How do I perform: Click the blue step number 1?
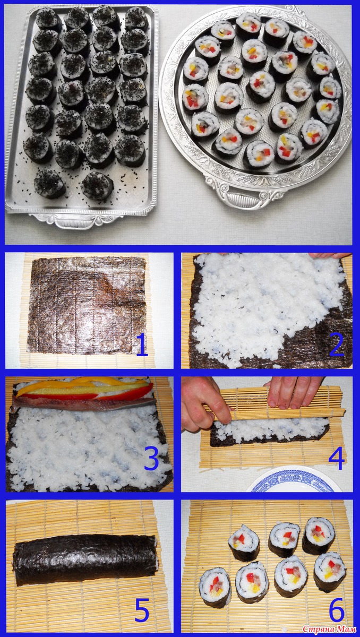point(142,345)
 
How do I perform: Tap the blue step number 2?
point(337,345)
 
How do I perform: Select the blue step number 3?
point(151,458)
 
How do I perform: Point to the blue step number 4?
point(337,458)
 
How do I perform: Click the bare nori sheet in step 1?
point(87,305)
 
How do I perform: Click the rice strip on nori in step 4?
point(270,428)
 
